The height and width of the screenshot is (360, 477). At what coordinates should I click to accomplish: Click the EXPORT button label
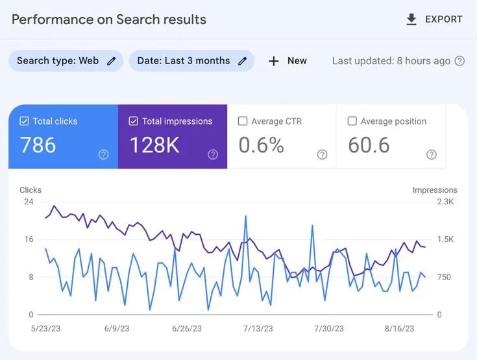pyautogui.click(x=443, y=19)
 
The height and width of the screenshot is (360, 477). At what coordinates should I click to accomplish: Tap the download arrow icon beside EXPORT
pyautogui.click(x=411, y=19)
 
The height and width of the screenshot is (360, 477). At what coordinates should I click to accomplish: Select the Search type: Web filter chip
pyautogui.click(x=66, y=61)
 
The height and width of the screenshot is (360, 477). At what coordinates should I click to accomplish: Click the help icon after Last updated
pyautogui.click(x=459, y=61)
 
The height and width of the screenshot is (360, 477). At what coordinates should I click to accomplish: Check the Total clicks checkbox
pyautogui.click(x=25, y=121)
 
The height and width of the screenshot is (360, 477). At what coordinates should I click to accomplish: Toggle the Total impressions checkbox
pyautogui.click(x=134, y=121)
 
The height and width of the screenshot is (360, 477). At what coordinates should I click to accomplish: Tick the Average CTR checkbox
pyautogui.click(x=243, y=121)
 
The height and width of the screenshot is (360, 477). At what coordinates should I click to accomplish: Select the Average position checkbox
pyautogui.click(x=352, y=121)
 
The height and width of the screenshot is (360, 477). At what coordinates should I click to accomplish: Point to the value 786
pyautogui.click(x=38, y=145)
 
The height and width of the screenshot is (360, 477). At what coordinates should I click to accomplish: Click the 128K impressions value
pyautogui.click(x=154, y=145)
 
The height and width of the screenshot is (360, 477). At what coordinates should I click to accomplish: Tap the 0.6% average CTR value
pyautogui.click(x=261, y=145)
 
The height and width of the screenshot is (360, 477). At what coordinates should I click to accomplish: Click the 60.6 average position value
pyautogui.click(x=369, y=145)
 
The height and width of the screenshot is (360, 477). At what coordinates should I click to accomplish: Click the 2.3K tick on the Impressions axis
pyautogui.click(x=445, y=202)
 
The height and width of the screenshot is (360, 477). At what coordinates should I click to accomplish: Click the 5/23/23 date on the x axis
pyautogui.click(x=45, y=329)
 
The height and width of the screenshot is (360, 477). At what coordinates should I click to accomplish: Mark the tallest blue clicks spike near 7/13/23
pyautogui.click(x=245, y=217)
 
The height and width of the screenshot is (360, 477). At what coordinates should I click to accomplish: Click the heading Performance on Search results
pyautogui.click(x=109, y=19)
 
